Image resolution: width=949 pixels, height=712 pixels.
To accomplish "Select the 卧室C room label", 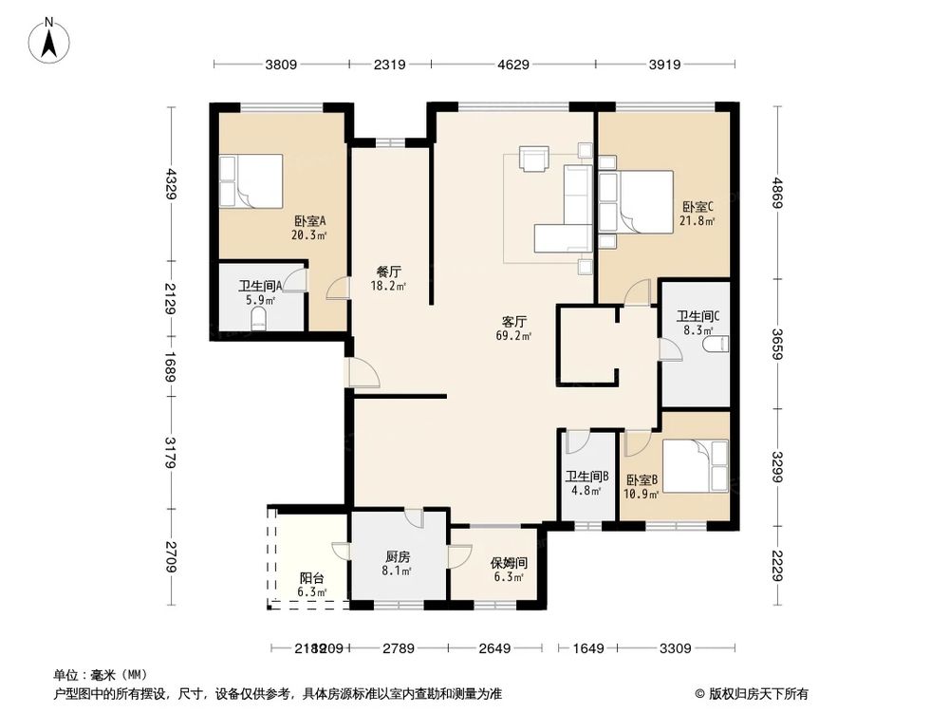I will tap(698, 213).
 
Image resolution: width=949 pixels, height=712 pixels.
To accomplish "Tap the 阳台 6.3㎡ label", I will tap(312, 584).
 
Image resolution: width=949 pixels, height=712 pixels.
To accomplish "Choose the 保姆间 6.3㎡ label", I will tap(509, 569).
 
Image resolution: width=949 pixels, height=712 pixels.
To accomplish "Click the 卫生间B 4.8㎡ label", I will tap(586, 484).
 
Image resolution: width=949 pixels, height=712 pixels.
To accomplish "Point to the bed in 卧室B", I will tap(696, 466).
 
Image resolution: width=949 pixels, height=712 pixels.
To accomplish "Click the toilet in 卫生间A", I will tap(258, 321).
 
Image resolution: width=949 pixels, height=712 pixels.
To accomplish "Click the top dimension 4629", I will tap(512, 65).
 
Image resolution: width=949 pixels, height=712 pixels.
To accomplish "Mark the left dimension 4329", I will tap(171, 183).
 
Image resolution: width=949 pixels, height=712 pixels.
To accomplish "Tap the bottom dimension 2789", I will tap(398, 648).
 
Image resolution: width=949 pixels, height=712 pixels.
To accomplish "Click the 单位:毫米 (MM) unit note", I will tap(95, 674).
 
